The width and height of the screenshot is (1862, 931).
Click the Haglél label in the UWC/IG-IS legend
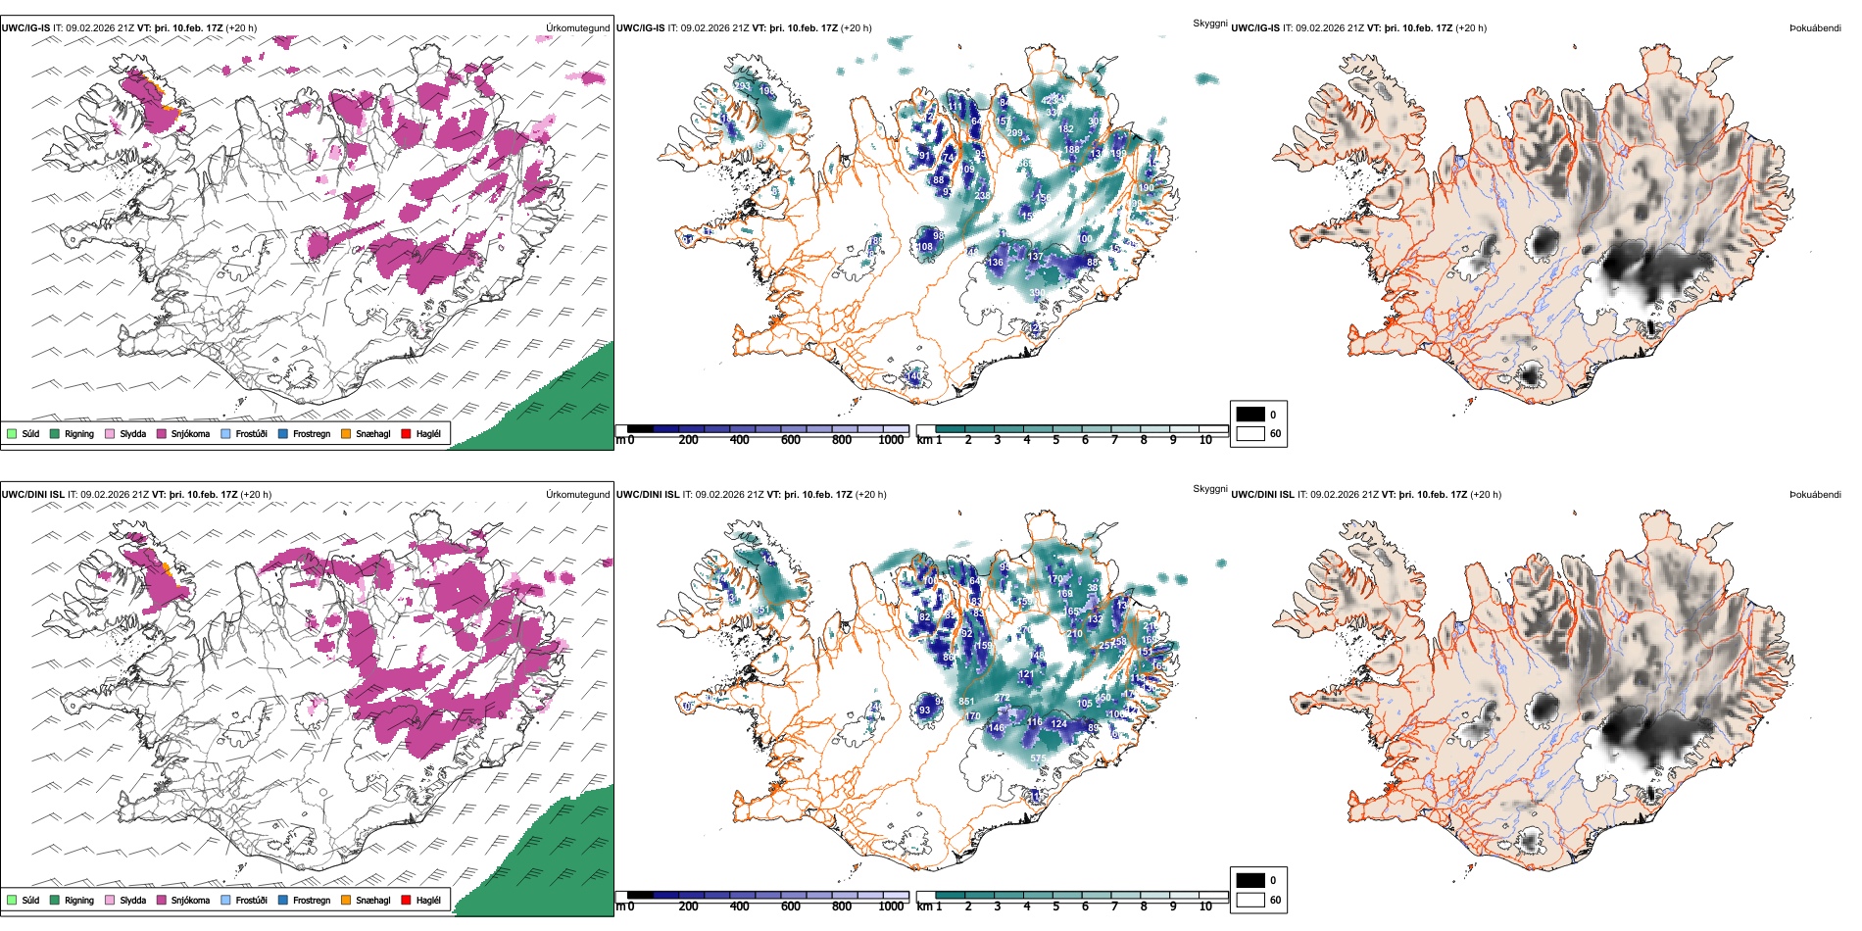(428, 434)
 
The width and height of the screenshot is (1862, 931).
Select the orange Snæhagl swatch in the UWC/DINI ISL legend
(346, 900)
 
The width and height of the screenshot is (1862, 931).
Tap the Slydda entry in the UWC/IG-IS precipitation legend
(132, 434)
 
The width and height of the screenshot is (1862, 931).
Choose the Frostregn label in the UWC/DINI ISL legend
(312, 901)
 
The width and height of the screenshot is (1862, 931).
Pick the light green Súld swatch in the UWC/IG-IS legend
(12, 433)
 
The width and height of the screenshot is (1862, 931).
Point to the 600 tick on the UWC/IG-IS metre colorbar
(790, 440)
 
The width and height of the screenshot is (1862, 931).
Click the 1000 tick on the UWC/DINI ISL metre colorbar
(891, 906)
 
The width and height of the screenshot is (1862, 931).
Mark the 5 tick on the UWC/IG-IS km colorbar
(1055, 440)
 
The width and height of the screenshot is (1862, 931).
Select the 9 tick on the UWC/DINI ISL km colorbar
(1173, 906)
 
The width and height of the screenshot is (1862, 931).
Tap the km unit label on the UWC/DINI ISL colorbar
(923, 906)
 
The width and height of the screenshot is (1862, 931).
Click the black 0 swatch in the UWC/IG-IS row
(1250, 415)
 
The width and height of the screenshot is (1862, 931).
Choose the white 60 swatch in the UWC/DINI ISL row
(1250, 900)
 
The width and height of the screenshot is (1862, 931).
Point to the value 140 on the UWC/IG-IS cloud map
(914, 376)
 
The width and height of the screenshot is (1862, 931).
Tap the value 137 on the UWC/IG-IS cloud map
(1035, 257)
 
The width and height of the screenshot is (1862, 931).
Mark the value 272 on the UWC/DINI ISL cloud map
(1002, 699)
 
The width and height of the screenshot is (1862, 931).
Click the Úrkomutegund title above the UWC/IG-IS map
(577, 28)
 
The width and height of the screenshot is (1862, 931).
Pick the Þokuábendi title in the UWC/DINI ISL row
(1815, 495)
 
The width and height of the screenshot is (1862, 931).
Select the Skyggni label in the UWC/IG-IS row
(1209, 24)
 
